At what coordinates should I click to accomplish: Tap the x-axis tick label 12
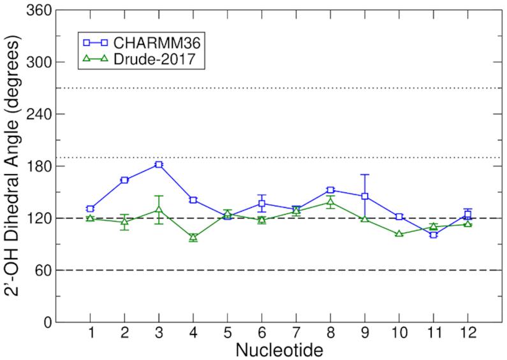467,335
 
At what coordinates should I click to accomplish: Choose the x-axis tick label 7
296,335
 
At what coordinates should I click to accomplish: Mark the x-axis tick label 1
91,335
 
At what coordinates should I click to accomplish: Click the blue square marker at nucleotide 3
159,164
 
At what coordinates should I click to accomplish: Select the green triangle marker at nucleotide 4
193,237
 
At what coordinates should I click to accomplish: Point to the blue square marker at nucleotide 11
434,235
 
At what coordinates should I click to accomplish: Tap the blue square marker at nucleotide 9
365,196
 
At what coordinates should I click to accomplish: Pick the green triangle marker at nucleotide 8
330,202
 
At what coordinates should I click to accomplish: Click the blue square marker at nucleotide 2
125,180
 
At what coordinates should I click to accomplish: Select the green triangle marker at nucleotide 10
399,234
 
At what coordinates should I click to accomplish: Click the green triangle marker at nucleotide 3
159,210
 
